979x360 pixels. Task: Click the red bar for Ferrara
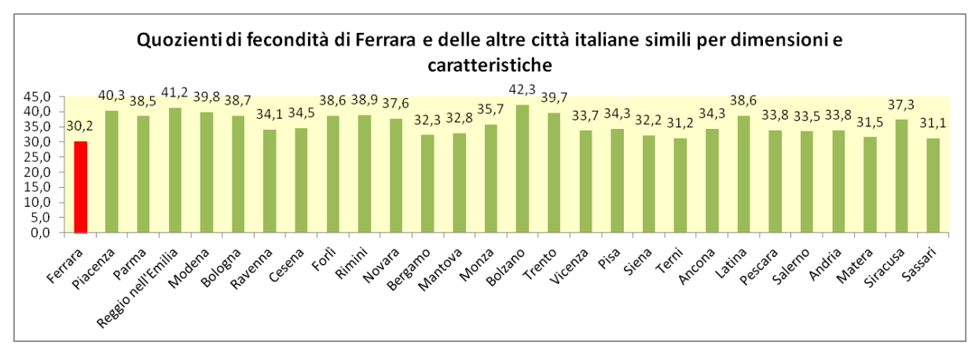point(80,187)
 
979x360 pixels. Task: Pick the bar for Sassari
point(933,186)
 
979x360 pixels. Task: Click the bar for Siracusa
point(901,176)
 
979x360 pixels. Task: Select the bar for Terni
point(680,186)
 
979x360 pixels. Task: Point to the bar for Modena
point(207,172)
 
